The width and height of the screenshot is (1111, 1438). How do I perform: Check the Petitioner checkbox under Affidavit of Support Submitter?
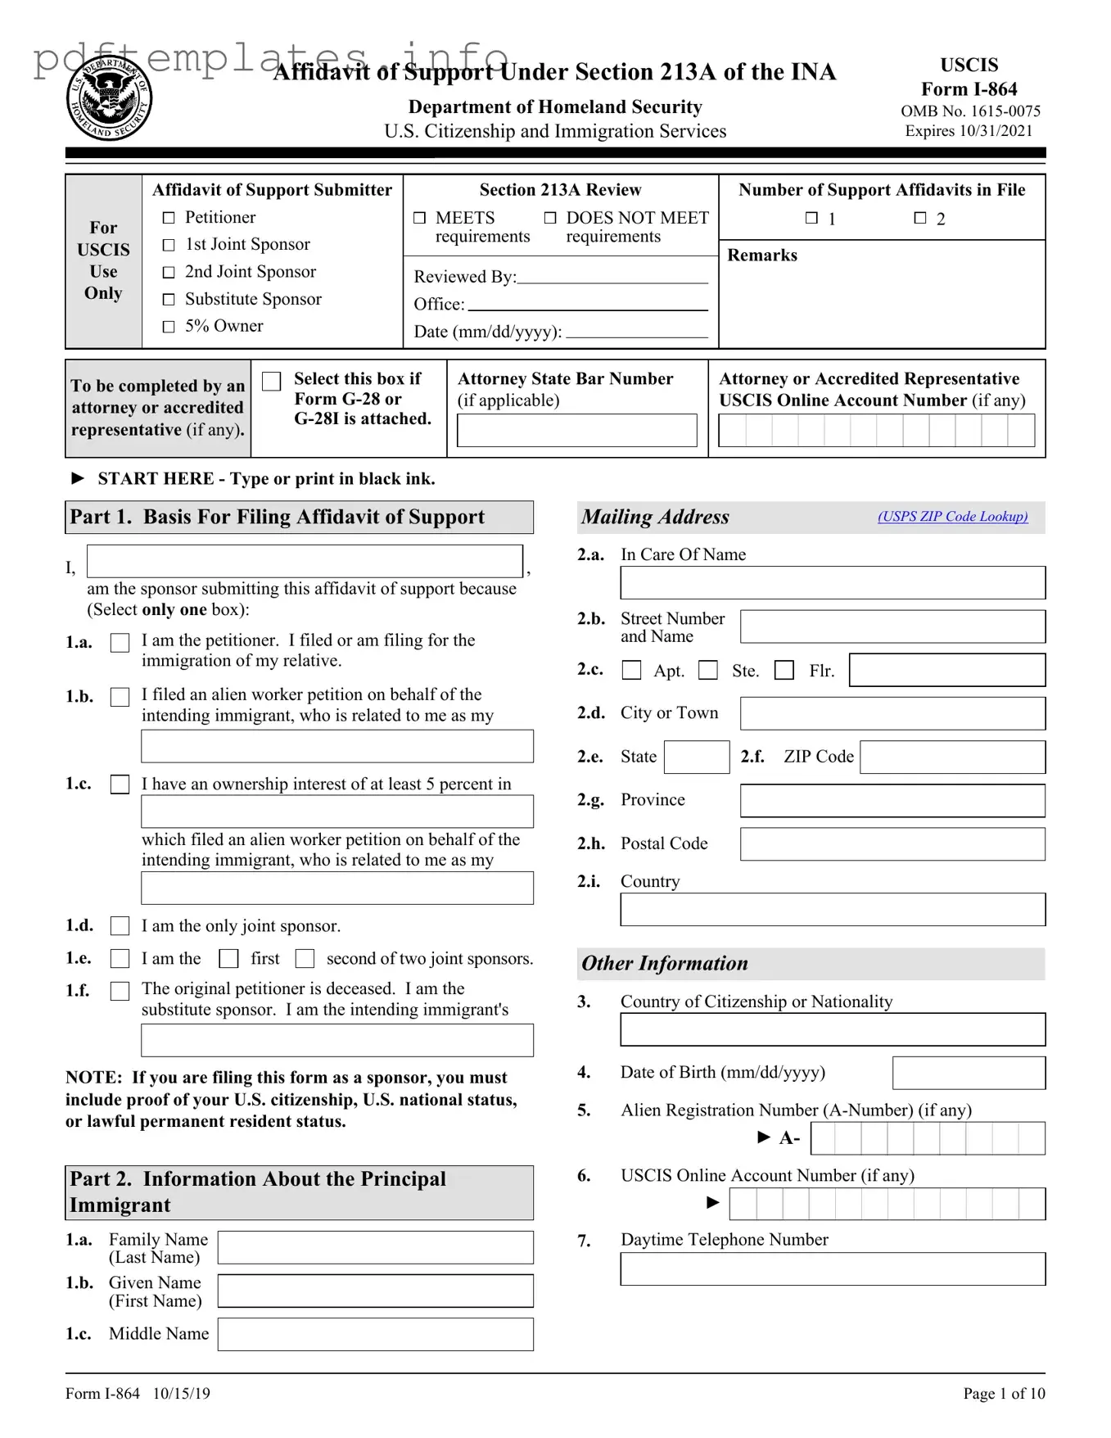tap(169, 218)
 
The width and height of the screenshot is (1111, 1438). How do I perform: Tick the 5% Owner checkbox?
tap(169, 327)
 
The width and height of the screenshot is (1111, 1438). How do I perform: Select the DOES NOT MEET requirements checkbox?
tap(550, 218)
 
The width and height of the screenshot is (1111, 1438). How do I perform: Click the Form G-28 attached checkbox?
tap(272, 382)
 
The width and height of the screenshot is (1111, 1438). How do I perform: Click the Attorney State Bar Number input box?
tap(576, 431)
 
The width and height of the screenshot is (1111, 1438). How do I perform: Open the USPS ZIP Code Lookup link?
tap(952, 517)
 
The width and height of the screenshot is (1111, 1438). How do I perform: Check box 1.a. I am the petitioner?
tap(120, 643)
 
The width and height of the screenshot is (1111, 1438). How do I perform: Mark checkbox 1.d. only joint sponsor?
tap(120, 926)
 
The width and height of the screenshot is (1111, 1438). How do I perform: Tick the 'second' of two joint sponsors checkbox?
tap(305, 959)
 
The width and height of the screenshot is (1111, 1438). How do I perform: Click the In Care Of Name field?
tap(832, 583)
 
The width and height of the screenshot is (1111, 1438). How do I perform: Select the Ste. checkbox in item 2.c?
tap(708, 671)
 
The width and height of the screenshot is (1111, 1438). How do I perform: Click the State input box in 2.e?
tap(696, 757)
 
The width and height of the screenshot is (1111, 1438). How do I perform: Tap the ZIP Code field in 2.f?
tap(952, 757)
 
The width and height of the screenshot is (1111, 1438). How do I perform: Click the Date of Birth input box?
tap(968, 1073)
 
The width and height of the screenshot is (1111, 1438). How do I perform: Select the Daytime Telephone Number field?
tap(832, 1269)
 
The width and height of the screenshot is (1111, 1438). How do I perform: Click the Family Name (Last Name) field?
tap(375, 1248)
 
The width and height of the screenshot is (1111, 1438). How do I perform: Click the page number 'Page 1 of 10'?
tap(1003, 1394)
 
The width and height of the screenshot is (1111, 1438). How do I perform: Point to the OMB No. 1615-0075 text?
tap(970, 111)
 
